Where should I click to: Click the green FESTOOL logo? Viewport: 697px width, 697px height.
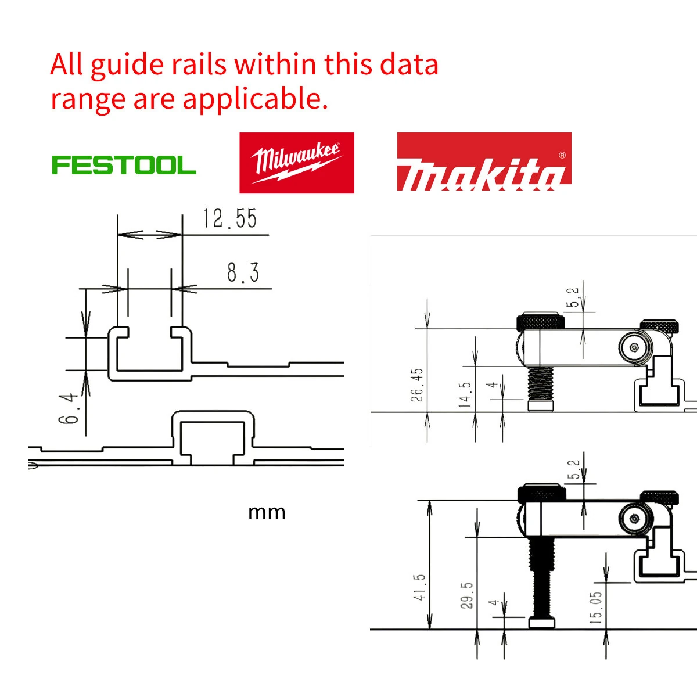click(124, 165)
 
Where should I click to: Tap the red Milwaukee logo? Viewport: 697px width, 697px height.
click(297, 163)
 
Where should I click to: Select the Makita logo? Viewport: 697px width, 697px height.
click(484, 163)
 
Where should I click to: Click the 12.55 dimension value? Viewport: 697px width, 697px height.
click(230, 219)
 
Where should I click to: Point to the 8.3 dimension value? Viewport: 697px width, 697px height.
click(243, 272)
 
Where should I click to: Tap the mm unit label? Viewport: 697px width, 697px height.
click(267, 512)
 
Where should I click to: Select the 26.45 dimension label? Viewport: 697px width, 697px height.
click(417, 385)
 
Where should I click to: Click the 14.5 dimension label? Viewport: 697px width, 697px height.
click(465, 394)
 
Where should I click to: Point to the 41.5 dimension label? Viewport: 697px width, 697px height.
click(419, 587)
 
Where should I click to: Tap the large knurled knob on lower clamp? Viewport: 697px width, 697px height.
click(541, 493)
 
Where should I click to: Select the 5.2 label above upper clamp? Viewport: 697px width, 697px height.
click(573, 297)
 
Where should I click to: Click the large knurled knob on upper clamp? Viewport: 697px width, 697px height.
click(540, 321)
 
